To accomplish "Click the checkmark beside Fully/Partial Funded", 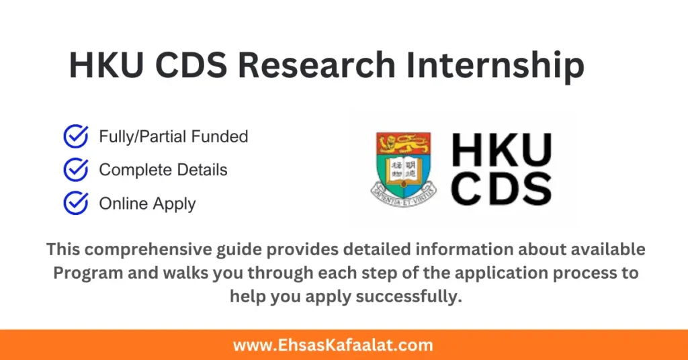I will (x=75, y=136).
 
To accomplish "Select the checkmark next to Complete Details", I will (x=75, y=170).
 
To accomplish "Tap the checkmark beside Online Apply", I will (x=75, y=203).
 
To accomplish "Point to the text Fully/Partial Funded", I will (x=173, y=136).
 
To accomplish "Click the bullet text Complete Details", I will (x=163, y=170).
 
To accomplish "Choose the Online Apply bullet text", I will (x=147, y=203).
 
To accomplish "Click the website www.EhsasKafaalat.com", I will (x=333, y=345).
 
